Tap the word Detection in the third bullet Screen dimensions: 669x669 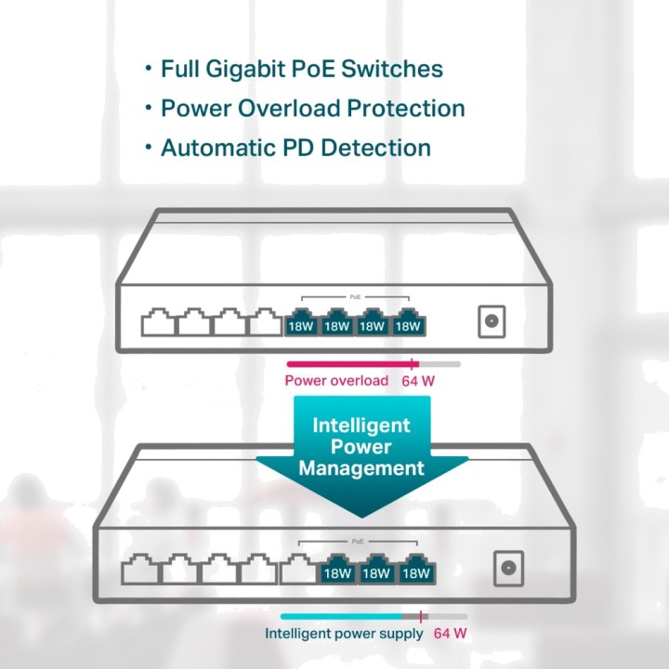[375, 148]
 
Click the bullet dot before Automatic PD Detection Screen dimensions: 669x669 [148, 147]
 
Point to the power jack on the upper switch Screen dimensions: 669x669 [492, 321]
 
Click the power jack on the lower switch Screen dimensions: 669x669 [508, 569]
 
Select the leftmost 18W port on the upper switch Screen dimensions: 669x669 [301, 322]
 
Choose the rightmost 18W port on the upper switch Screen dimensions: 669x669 [408, 322]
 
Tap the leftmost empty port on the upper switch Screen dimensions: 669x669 [158, 322]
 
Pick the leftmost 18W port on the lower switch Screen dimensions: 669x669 [337, 569]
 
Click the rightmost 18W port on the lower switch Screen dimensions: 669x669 [416, 569]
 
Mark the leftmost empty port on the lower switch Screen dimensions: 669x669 [140, 569]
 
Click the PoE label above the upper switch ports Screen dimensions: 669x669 [355, 297]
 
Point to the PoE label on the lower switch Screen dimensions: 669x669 [358, 542]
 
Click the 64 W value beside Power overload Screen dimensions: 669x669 [418, 381]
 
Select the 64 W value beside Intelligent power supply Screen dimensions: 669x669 [450, 633]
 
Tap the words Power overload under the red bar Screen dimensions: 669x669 [336, 381]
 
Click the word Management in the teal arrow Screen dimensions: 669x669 [361, 468]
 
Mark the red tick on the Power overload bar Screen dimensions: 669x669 [412, 364]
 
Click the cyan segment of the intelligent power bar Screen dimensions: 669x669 [341, 617]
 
